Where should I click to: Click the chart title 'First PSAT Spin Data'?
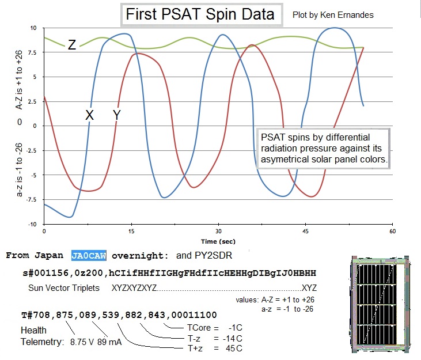coord(201,14)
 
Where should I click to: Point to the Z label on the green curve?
coord(71,45)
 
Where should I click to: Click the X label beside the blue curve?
coord(89,115)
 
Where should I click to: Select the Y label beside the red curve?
coord(117,115)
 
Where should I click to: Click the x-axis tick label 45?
coord(306,231)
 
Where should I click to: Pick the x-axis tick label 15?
coord(131,231)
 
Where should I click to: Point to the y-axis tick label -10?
coord(33,224)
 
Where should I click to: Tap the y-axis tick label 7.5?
coord(33,52)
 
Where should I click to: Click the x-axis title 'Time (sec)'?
coord(217,241)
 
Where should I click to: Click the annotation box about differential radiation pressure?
coord(323,148)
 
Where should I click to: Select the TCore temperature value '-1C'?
coord(232,327)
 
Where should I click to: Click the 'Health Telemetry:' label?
coord(42,336)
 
